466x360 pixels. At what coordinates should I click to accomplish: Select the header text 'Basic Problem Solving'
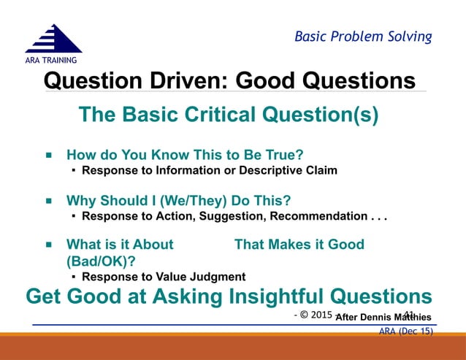362,36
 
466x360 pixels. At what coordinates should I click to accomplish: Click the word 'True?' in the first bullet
282,156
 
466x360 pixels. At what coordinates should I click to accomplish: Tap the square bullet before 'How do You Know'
49,156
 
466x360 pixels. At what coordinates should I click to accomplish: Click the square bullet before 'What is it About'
49,245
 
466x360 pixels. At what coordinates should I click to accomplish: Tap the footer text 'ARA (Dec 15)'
405,332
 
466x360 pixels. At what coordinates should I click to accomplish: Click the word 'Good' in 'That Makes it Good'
346,245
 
